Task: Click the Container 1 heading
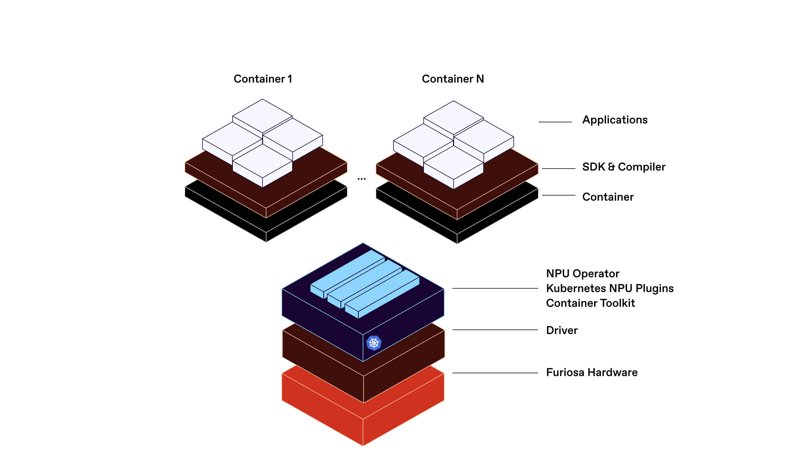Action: [263, 79]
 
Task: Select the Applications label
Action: [615, 120]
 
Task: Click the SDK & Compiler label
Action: [624, 167]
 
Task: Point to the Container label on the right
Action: [608, 197]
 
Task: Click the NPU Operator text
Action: [583, 274]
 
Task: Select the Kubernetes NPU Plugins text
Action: [609, 288]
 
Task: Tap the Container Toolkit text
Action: [590, 303]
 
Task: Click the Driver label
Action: [562, 330]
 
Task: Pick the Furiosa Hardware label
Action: [591, 372]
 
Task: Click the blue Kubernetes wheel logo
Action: [374, 343]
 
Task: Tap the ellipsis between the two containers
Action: [361, 179]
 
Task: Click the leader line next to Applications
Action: [555, 122]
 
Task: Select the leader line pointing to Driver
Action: [495, 329]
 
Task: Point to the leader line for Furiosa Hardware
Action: [495, 373]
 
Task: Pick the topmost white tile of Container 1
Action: [262, 115]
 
